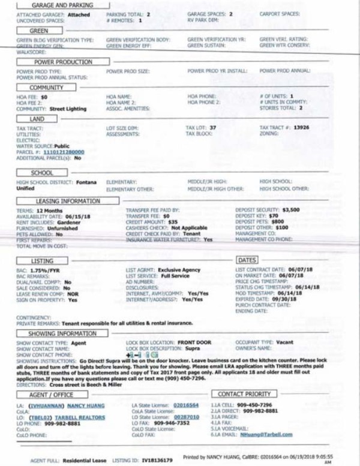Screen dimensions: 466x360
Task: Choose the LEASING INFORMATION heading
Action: click(67, 202)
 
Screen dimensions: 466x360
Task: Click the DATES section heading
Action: click(247, 261)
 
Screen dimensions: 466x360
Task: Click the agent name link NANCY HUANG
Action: click(84, 405)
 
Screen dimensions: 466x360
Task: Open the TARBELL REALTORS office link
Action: click(73, 416)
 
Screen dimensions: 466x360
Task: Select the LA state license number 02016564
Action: click(186, 405)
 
